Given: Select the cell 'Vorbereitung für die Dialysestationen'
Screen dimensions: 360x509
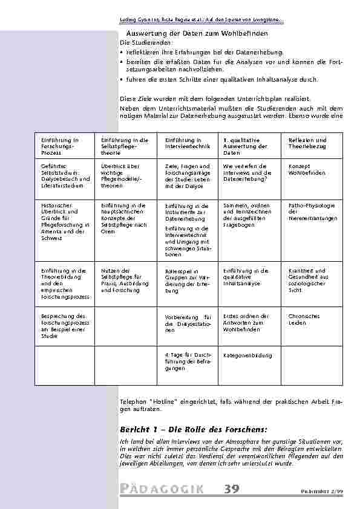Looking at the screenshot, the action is click(x=188, y=323).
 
